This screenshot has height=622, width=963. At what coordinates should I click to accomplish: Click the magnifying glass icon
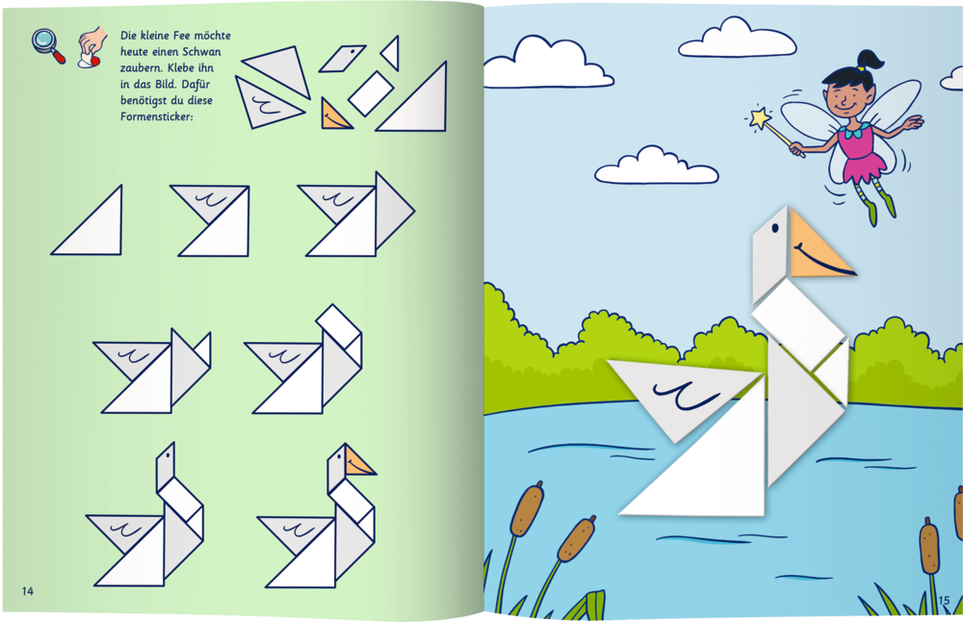click(x=48, y=45)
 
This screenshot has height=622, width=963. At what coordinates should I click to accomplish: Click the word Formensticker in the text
click(x=157, y=117)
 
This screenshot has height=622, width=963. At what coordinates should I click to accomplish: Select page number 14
click(x=28, y=590)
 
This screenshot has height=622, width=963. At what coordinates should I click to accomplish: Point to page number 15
click(x=944, y=600)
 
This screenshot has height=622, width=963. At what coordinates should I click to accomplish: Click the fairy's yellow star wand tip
click(x=761, y=117)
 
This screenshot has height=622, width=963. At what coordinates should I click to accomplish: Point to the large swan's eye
click(x=775, y=228)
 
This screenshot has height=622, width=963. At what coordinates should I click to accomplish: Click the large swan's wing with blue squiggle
click(x=682, y=393)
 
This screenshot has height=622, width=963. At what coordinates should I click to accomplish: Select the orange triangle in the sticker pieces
click(x=335, y=115)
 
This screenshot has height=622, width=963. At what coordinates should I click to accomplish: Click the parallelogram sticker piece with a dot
click(x=342, y=58)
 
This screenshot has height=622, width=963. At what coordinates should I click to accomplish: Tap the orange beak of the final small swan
click(x=357, y=462)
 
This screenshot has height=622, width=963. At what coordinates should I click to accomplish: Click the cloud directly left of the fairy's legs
click(x=655, y=166)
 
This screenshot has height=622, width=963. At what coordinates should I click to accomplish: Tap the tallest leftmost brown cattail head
click(x=527, y=509)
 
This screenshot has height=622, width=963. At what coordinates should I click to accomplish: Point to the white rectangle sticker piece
click(x=371, y=93)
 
